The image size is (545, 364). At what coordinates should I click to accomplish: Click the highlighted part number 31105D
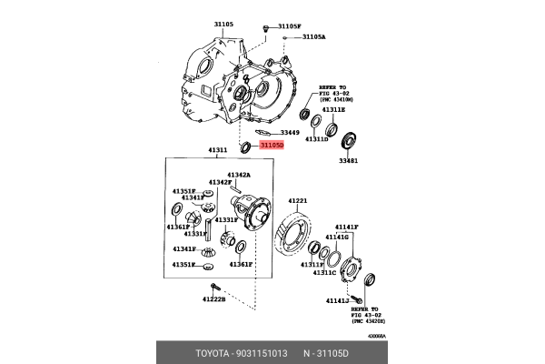pyautogui.click(x=271, y=145)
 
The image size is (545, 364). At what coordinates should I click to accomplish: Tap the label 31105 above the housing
pyautogui.click(x=223, y=25)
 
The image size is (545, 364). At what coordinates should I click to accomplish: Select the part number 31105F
pyautogui.click(x=289, y=26)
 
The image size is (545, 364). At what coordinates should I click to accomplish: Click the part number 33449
pyautogui.click(x=289, y=133)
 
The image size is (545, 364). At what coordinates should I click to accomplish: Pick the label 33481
pyautogui.click(x=348, y=161)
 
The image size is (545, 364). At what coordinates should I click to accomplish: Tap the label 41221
pyautogui.click(x=299, y=200)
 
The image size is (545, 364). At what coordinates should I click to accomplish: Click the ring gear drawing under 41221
pyautogui.click(x=291, y=238)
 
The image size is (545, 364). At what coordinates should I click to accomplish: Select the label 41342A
pyautogui.click(x=239, y=174)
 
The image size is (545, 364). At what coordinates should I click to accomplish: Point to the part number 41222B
pyautogui.click(x=213, y=299)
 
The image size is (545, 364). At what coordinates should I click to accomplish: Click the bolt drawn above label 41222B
pyautogui.click(x=214, y=288)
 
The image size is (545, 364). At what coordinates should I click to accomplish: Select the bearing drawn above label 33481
pyautogui.click(x=348, y=141)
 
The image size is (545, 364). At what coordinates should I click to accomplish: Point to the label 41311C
pyautogui.click(x=324, y=272)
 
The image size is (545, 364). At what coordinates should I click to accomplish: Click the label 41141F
pyautogui.click(x=347, y=226)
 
